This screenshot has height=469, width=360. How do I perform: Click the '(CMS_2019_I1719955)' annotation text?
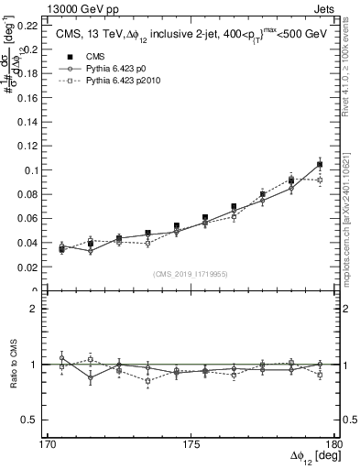coord(191,272)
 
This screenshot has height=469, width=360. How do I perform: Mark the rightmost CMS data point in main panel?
coord(320,165)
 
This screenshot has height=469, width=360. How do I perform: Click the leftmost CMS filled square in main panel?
coord(62,248)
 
